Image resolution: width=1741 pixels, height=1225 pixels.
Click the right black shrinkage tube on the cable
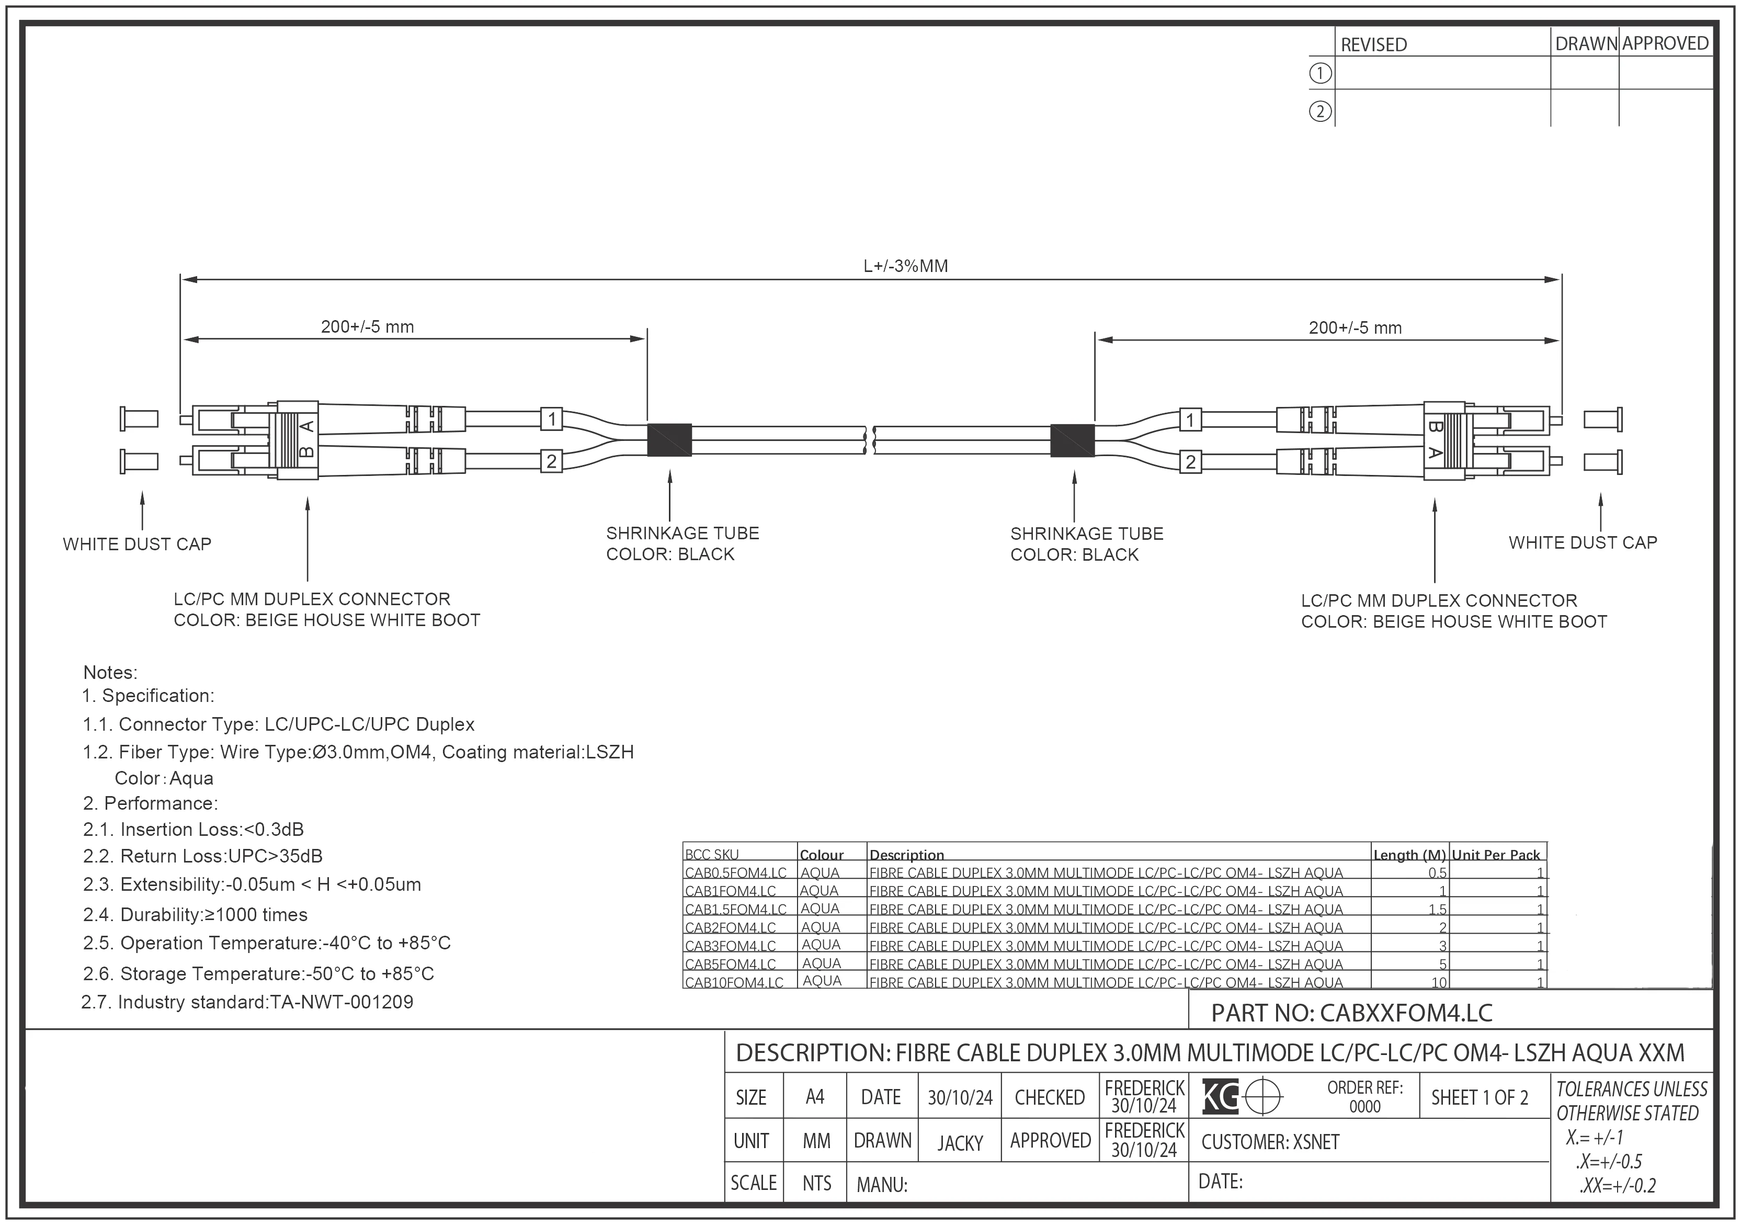point(1072,441)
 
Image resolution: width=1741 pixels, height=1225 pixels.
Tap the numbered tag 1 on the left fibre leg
point(552,418)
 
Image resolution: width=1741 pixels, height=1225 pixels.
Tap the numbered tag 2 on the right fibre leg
point(1190,461)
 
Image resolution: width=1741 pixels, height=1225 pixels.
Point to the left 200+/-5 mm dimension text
point(367,327)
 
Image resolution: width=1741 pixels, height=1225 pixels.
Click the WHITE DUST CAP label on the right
point(1583,543)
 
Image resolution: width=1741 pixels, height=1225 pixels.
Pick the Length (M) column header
point(1409,855)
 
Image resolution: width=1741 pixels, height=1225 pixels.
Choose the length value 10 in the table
point(1438,982)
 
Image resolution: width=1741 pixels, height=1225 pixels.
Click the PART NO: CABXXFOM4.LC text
point(1351,1013)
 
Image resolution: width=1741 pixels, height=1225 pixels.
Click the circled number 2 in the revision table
point(1320,111)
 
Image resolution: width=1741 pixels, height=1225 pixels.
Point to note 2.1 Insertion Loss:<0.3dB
point(194,830)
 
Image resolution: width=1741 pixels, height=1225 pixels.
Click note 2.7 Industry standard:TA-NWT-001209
point(247,1002)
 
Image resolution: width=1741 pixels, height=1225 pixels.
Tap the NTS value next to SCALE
point(817,1183)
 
